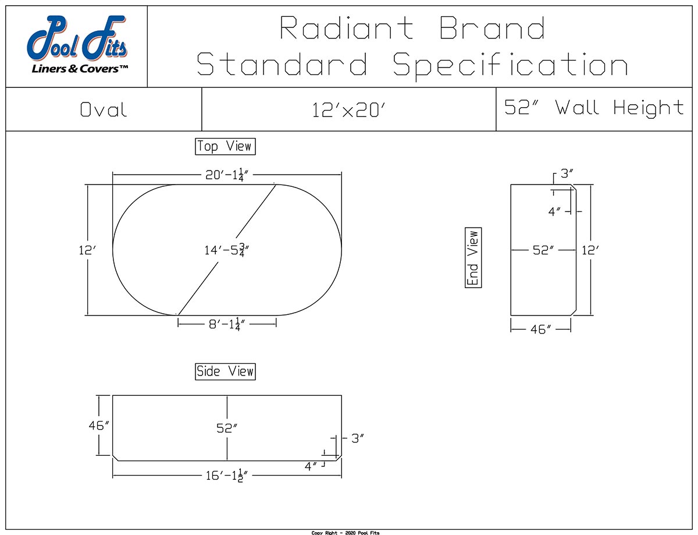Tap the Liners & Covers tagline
(x=80, y=69)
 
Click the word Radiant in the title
(x=347, y=28)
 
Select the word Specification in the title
(x=510, y=64)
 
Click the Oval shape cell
(x=104, y=109)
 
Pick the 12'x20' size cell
(x=349, y=109)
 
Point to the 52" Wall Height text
(x=594, y=108)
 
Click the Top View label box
(x=225, y=146)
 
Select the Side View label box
(x=225, y=371)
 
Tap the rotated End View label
(x=473, y=258)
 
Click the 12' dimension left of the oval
(x=87, y=250)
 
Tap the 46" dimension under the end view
(x=540, y=330)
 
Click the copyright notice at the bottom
(x=346, y=532)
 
